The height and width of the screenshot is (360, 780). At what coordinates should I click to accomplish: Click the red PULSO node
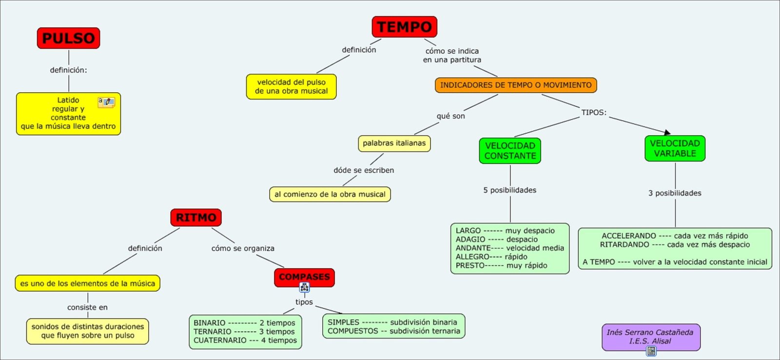[68, 38]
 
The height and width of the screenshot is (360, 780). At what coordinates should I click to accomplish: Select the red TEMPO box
[404, 27]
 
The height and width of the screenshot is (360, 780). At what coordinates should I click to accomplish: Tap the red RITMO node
[196, 218]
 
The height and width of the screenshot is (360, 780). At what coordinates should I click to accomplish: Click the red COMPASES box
[304, 277]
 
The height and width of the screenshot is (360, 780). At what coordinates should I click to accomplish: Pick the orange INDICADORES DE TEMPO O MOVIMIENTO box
[516, 85]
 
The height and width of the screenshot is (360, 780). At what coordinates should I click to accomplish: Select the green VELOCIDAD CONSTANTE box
[510, 151]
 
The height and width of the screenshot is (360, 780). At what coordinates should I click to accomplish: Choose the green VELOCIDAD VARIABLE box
[675, 148]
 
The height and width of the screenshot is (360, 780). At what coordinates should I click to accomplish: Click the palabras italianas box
[394, 143]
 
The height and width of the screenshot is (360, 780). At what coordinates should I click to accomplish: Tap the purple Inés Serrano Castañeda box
[650, 336]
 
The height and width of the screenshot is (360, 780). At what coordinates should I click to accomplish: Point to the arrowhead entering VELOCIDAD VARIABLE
[667, 132]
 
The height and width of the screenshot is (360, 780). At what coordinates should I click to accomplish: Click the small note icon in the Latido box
[106, 101]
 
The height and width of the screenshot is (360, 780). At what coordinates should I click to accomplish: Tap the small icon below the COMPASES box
[304, 288]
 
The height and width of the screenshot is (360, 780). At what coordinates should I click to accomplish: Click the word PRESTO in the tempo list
[470, 265]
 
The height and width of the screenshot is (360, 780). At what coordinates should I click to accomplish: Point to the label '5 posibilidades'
[509, 190]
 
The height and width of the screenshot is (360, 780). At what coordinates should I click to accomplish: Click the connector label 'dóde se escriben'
[364, 170]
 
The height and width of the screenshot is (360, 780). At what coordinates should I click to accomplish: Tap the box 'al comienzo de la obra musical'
[330, 194]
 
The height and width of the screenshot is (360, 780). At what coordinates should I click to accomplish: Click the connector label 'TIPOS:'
[593, 112]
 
